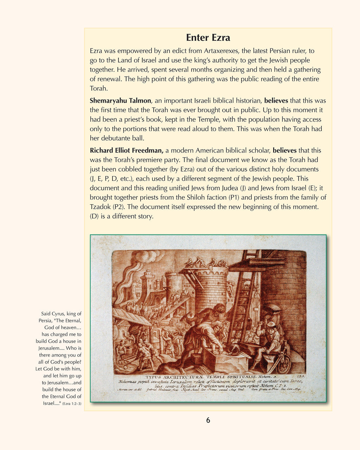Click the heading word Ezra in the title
pos(221,38)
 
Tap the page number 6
pos(208,420)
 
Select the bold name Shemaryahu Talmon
pos(120,101)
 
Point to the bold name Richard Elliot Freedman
pos(127,150)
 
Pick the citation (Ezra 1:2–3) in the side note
pos(72,404)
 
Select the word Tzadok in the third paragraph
pos(100,207)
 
